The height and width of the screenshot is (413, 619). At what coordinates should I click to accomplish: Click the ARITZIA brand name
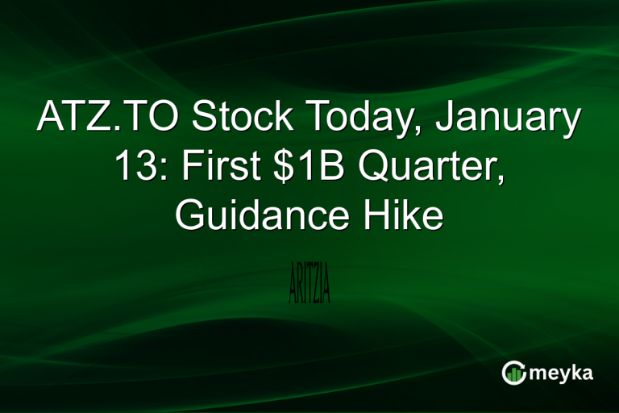click(x=309, y=283)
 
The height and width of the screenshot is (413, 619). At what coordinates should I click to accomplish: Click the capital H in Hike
click(x=378, y=216)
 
